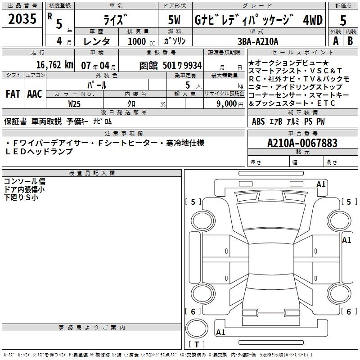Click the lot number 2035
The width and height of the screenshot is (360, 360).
22,19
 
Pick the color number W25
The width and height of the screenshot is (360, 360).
74,103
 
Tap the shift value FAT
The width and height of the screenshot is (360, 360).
13,94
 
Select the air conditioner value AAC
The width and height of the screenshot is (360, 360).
34,94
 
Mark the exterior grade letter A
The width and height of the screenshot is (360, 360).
335,41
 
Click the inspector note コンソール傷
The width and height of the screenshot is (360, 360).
24,181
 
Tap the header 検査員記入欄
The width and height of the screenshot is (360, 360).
92,173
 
